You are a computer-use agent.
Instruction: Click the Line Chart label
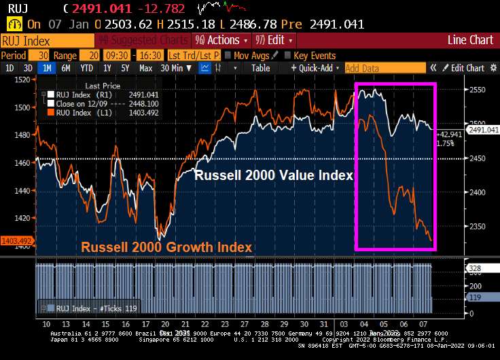tap(470, 40)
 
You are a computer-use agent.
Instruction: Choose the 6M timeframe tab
tap(66, 68)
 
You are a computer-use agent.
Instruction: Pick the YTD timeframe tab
tap(86, 68)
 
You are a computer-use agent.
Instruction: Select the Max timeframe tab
tap(145, 68)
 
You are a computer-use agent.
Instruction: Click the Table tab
tap(261, 68)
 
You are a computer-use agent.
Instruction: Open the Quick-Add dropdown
tap(314, 68)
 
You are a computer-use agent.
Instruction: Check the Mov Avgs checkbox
tap(228, 55)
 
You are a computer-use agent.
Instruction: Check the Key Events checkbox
tap(288, 55)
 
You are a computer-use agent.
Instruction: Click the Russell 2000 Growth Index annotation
tap(167, 247)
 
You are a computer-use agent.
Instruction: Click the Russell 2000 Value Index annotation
tap(274, 175)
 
